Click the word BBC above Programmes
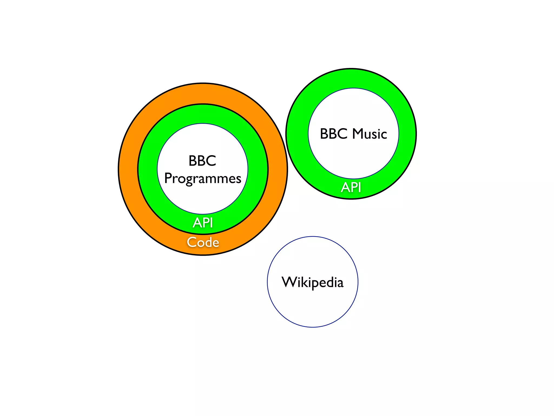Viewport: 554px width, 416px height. tap(202, 161)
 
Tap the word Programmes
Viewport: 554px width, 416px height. tap(203, 179)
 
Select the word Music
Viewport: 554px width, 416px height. tap(370, 134)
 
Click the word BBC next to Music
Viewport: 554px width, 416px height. tap(334, 134)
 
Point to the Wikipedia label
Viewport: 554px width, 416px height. tap(312, 282)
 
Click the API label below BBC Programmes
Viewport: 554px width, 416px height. tap(203, 223)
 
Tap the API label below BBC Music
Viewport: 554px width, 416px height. tap(351, 187)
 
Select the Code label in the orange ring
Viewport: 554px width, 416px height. tap(203, 242)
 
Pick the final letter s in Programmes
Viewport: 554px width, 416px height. tap(238, 179)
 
